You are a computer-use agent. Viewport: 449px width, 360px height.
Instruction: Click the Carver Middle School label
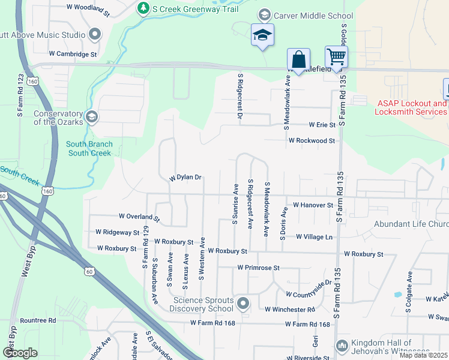click(x=313, y=15)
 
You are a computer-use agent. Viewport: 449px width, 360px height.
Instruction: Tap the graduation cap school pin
click(x=262, y=35)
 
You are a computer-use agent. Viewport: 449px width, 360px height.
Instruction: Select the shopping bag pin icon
click(x=298, y=59)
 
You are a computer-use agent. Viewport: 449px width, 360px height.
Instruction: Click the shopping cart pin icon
click(x=337, y=57)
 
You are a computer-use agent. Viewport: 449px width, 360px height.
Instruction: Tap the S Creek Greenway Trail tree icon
click(x=143, y=8)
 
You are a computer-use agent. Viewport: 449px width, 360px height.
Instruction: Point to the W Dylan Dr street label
click(x=185, y=178)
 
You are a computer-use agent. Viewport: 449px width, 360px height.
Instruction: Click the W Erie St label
click(x=322, y=125)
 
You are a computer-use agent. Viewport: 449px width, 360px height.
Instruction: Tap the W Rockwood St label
click(x=311, y=140)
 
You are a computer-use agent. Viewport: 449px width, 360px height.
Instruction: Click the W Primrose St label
click(x=258, y=267)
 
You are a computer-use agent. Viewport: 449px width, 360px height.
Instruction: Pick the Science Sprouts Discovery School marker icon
click(x=243, y=303)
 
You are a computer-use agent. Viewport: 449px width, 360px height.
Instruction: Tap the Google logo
click(x=20, y=353)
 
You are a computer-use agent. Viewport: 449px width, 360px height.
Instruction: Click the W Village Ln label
click(x=313, y=237)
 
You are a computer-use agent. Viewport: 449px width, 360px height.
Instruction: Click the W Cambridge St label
click(x=73, y=54)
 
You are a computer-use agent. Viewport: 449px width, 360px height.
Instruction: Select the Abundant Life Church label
click(x=411, y=224)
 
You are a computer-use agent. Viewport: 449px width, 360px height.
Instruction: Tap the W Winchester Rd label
click(x=290, y=310)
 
